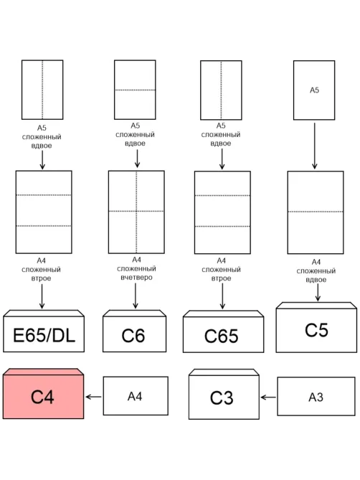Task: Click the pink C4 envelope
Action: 43,394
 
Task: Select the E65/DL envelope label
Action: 44,335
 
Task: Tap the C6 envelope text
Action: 133,336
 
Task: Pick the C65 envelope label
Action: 221,336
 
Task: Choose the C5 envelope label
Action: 316,330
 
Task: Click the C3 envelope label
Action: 222,397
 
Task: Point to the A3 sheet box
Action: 316,397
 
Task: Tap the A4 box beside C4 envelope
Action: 136,396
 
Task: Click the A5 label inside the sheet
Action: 314,90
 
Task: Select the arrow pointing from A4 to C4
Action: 94,397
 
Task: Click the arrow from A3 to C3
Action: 268,397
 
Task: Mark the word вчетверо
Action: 136,278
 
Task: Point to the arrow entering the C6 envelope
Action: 136,296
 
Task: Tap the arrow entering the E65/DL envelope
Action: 42,296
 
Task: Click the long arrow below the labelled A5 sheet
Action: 314,146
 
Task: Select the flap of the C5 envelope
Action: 316,305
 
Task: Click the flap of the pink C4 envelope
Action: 43,372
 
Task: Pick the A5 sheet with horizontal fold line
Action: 135,90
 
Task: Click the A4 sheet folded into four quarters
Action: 136,212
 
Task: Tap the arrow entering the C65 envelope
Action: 222,296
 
